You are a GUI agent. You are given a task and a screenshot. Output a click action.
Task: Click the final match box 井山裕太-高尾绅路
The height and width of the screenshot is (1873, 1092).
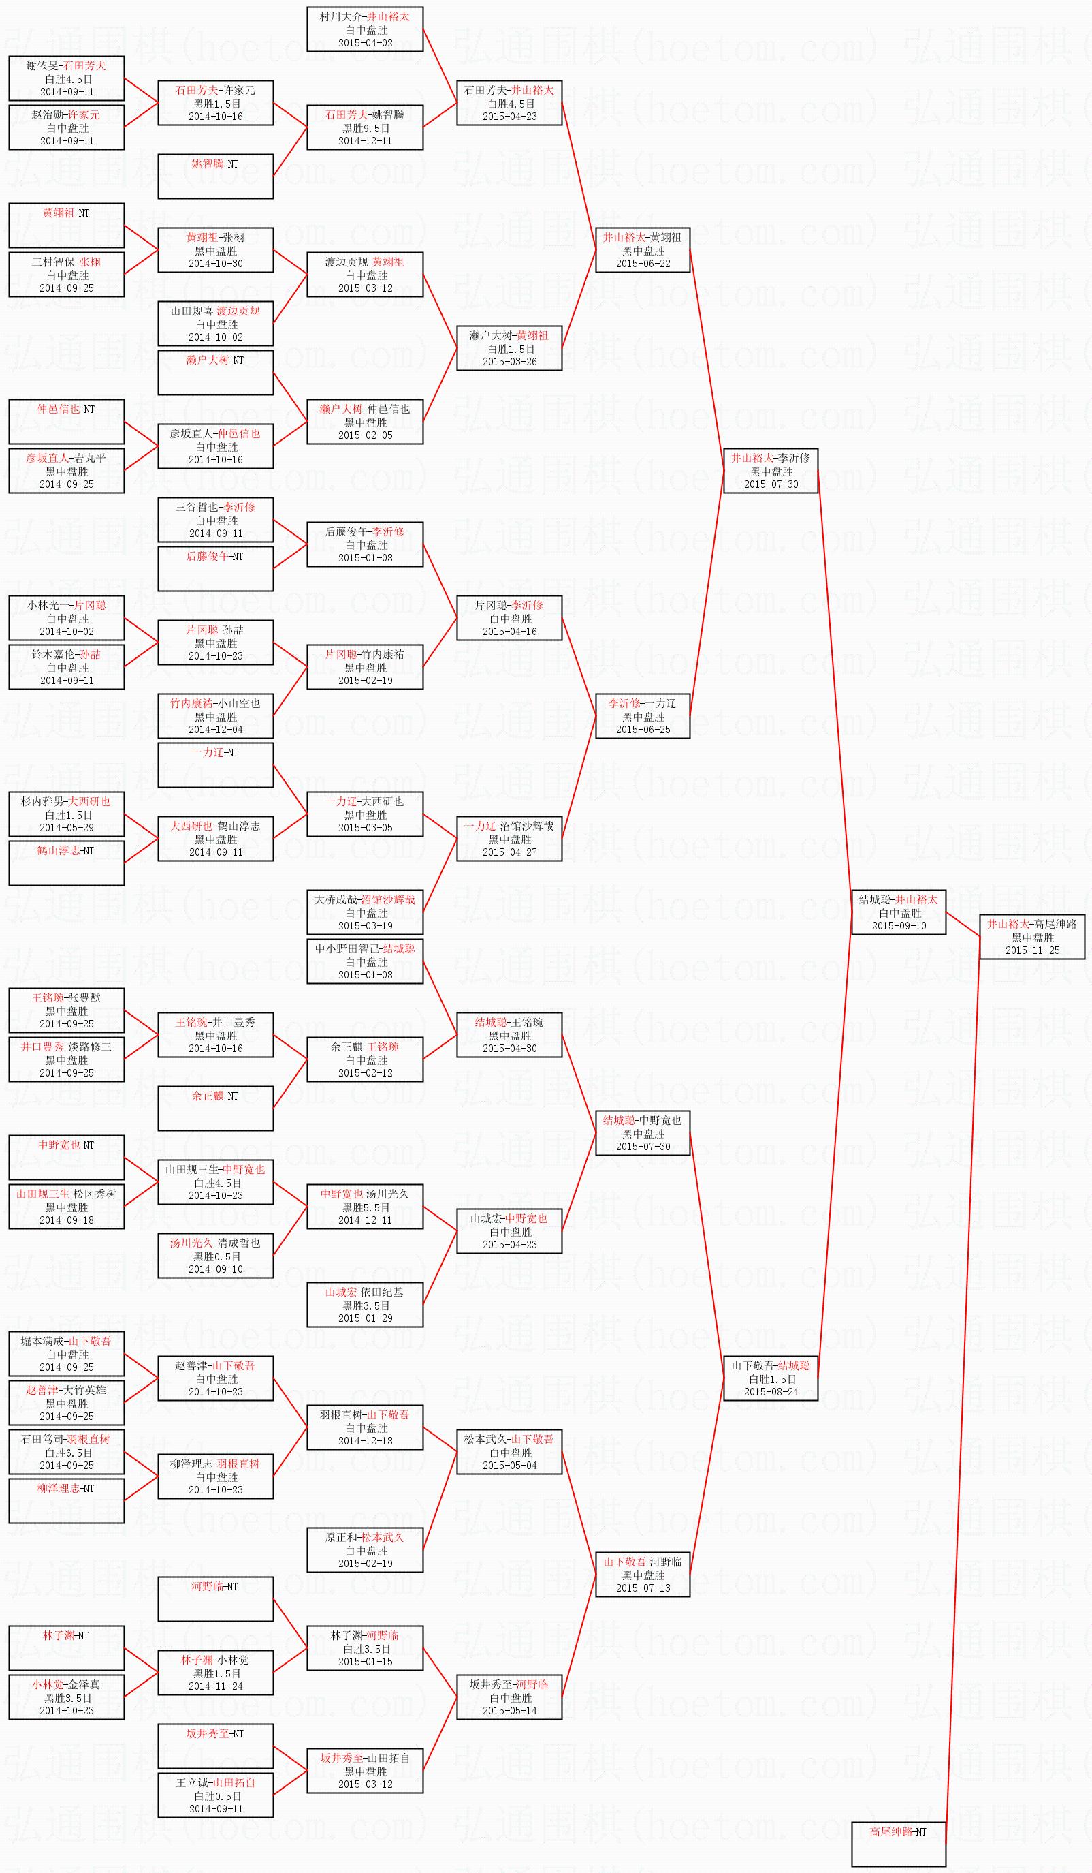point(1032,936)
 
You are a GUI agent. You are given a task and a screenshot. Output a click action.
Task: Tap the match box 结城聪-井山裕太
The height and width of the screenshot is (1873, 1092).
point(898,912)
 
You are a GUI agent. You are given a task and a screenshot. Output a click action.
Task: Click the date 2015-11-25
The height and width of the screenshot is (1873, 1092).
point(1032,950)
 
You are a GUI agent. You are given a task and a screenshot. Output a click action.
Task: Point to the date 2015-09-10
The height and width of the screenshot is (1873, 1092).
point(898,925)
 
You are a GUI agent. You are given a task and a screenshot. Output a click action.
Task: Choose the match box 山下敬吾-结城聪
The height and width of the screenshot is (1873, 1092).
point(771,1378)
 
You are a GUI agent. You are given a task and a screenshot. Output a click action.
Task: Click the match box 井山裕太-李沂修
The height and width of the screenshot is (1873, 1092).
point(771,471)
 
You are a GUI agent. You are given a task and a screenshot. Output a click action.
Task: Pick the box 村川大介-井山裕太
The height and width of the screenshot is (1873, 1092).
point(365,29)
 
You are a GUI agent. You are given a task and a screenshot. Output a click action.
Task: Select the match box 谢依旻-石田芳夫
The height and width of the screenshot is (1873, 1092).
point(66,78)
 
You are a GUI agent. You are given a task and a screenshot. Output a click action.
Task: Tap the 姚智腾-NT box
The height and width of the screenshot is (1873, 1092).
point(215,176)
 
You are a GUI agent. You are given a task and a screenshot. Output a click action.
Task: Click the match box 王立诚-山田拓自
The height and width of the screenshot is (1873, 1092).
point(215,1795)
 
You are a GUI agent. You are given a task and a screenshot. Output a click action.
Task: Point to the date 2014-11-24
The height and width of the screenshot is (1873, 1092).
point(215,1686)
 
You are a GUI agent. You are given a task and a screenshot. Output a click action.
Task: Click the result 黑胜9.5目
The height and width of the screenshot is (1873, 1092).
point(365,128)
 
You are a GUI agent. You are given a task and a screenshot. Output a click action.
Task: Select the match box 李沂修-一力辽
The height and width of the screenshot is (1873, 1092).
point(643,716)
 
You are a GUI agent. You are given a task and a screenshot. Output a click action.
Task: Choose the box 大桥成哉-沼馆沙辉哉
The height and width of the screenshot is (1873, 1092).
point(365,912)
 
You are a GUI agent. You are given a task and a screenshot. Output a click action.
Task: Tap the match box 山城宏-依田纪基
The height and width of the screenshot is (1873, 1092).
point(365,1304)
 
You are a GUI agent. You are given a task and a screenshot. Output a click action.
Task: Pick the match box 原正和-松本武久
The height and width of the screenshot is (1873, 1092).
point(365,1549)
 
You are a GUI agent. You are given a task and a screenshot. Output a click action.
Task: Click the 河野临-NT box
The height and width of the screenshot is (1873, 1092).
point(215,1598)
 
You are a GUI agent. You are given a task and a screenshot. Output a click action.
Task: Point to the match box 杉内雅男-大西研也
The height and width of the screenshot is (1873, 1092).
point(66,814)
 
